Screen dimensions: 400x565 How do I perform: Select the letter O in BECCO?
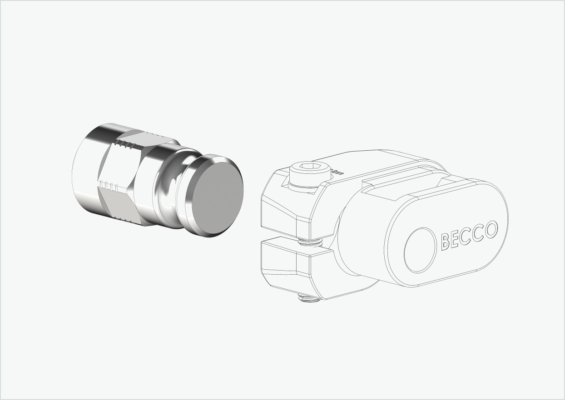(x=491, y=230)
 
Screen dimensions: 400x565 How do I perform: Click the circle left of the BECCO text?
(x=420, y=250)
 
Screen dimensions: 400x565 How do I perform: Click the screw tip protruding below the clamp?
(x=307, y=298)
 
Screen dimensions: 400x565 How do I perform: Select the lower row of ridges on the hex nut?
(x=109, y=186)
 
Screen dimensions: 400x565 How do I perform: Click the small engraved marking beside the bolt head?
(x=337, y=172)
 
